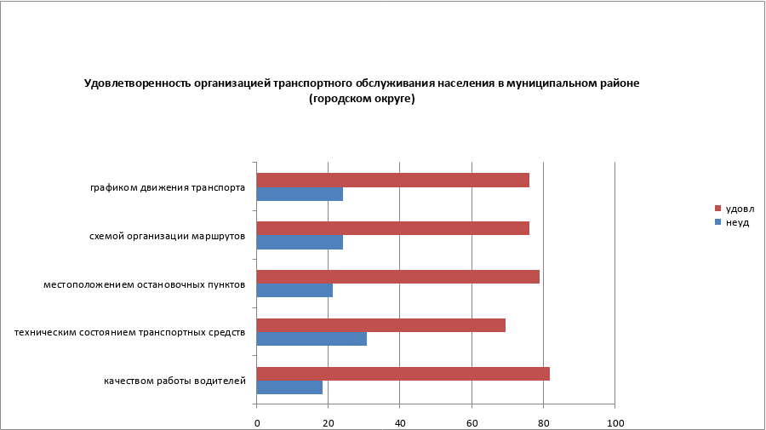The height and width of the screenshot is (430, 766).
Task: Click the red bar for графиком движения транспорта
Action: [392, 181]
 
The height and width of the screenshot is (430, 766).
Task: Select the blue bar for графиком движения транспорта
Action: [300, 194]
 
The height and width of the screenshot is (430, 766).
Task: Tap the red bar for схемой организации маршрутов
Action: [392, 228]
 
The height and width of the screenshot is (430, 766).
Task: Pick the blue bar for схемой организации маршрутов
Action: [300, 242]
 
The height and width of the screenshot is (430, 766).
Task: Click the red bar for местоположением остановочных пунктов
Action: [397, 277]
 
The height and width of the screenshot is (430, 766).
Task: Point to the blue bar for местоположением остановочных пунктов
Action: [294, 290]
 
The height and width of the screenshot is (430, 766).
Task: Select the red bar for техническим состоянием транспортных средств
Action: [380, 325]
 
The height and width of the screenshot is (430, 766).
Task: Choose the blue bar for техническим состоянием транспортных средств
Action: [312, 339]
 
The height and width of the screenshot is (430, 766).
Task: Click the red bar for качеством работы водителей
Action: [403, 374]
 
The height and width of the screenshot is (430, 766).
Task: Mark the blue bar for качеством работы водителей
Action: [289, 387]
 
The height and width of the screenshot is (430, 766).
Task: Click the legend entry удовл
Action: [739, 209]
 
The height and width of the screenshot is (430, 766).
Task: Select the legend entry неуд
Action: [736, 222]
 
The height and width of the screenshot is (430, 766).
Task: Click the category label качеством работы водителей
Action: [175, 381]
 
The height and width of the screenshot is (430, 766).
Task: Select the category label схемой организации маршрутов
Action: [168, 236]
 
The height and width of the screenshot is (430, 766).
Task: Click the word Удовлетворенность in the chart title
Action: [138, 83]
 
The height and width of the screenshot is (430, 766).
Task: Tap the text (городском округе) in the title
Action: [362, 99]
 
